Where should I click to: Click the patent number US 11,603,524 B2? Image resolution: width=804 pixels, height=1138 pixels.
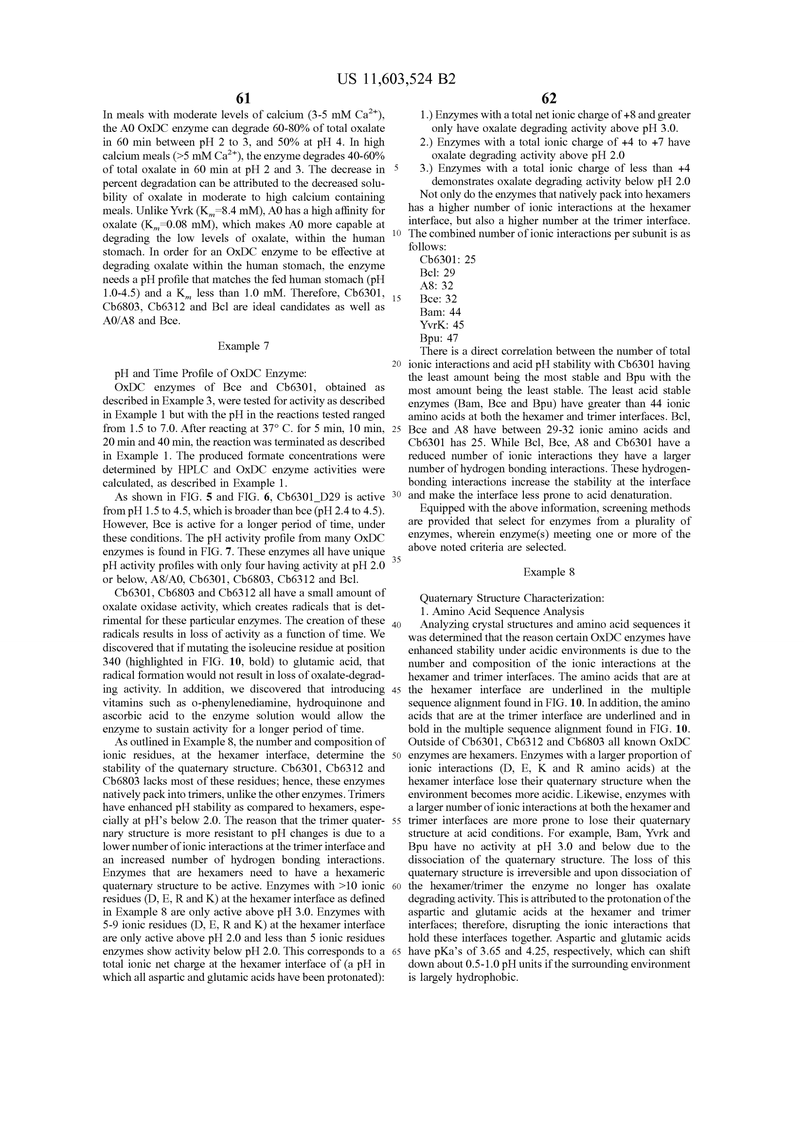(x=396, y=79)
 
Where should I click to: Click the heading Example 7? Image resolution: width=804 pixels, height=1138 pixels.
(x=243, y=346)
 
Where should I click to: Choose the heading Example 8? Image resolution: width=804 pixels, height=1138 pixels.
(x=549, y=572)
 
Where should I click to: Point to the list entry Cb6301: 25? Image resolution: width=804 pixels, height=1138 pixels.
(x=447, y=260)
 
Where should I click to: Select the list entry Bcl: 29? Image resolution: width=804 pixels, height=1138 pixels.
(x=437, y=272)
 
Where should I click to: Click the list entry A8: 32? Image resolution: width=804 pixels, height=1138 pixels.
(x=436, y=286)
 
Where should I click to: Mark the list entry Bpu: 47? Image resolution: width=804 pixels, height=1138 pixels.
(x=439, y=338)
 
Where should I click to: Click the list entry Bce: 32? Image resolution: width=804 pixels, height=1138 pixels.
(x=438, y=299)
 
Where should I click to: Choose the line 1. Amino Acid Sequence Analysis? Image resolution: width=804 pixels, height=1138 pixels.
(x=502, y=612)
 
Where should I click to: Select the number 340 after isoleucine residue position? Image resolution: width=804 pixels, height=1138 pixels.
(x=111, y=662)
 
